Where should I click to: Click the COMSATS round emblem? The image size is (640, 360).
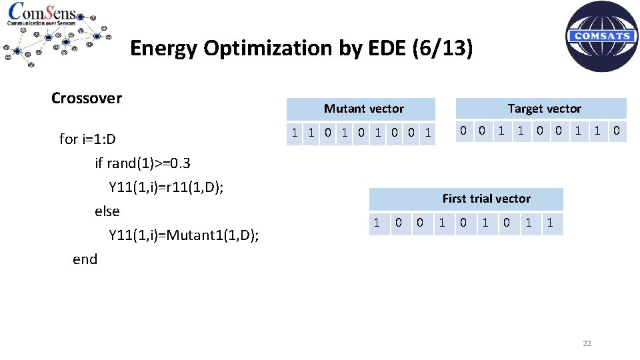(601, 36)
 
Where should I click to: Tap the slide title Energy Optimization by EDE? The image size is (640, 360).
(301, 48)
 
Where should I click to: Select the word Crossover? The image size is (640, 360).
(87, 98)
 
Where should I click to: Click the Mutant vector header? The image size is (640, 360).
(363, 109)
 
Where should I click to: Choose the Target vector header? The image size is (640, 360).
(544, 109)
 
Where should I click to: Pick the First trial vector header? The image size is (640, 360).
(486, 199)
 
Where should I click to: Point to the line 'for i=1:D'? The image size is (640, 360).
(87, 139)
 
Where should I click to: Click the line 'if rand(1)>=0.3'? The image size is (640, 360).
(143, 163)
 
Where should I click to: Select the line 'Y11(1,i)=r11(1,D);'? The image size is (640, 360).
(166, 187)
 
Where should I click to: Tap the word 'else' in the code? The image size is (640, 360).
(107, 211)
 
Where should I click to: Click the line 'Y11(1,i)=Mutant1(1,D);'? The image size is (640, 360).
(184, 235)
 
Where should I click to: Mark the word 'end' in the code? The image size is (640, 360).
(85, 259)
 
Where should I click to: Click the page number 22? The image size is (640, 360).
(587, 343)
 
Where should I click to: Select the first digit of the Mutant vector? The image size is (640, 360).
(295, 132)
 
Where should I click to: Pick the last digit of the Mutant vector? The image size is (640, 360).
(428, 132)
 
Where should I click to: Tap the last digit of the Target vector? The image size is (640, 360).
(617, 131)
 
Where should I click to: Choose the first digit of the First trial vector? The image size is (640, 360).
(377, 223)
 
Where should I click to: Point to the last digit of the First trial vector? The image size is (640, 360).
(550, 223)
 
